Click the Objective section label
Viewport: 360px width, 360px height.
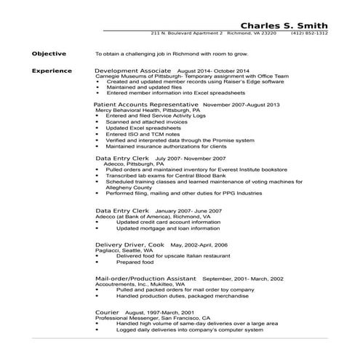point(49,54)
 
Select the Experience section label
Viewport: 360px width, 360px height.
point(52,71)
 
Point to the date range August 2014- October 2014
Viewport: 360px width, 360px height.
point(218,71)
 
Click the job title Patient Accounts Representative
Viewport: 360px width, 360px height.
point(146,105)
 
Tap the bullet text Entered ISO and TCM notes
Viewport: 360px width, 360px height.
point(142,134)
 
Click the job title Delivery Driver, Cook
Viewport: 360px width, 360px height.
point(129,245)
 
